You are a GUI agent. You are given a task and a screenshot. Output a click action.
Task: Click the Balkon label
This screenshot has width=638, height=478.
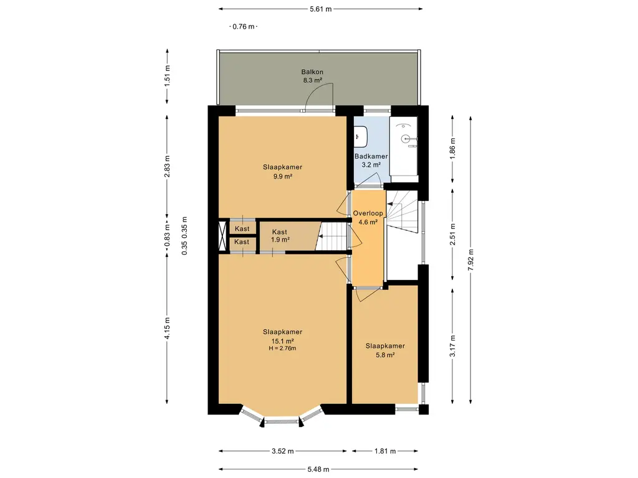[x=312, y=72]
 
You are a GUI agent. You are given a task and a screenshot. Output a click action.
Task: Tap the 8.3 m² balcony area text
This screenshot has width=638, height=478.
[x=312, y=80]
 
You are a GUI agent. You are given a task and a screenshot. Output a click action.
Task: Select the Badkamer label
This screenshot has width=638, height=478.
[x=371, y=156]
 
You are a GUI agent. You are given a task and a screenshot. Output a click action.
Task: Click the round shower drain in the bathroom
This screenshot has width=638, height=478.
[x=404, y=139]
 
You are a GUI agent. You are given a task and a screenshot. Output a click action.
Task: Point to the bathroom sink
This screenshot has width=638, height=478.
[x=361, y=136]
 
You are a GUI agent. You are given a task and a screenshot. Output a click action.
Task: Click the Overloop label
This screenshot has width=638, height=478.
[x=368, y=213]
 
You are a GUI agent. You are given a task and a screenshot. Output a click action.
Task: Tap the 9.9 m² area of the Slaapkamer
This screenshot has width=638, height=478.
[x=283, y=176]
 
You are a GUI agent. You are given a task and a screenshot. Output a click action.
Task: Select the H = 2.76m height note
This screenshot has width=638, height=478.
[x=282, y=349]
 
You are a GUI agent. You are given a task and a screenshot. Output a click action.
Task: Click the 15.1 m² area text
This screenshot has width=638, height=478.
[x=282, y=341]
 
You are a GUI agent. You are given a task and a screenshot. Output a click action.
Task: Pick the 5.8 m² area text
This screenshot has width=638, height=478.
[x=385, y=355]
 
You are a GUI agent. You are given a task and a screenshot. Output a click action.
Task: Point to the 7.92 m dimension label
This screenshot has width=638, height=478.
[x=470, y=260]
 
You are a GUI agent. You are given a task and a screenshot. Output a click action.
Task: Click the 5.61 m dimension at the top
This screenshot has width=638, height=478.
[x=321, y=9]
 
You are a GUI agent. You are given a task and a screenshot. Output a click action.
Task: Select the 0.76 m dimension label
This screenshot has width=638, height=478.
[x=244, y=27]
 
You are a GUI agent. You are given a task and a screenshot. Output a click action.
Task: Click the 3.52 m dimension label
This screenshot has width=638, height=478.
[x=282, y=451]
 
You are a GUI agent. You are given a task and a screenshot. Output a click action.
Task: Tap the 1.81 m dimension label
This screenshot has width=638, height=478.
[x=385, y=451]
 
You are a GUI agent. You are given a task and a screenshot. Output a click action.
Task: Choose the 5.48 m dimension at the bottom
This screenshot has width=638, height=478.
[x=318, y=469]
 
